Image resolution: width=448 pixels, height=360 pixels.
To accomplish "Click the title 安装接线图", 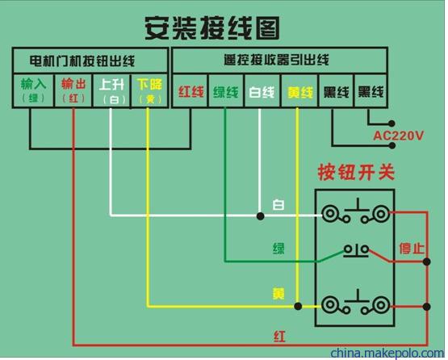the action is pyautogui.click(x=211, y=28).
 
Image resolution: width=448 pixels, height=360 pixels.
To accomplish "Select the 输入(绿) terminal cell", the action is pyautogui.click(x=33, y=91).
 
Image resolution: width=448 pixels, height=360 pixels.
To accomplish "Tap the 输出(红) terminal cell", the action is pyautogui.click(x=73, y=91).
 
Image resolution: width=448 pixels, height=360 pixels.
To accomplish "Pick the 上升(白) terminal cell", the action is pyautogui.click(x=111, y=91).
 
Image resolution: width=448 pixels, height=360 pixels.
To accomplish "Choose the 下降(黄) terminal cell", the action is pyautogui.click(x=149, y=91).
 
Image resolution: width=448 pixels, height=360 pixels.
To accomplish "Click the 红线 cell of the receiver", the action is pyautogui.click(x=191, y=91).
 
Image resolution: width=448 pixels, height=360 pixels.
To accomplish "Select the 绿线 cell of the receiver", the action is pyautogui.click(x=226, y=91).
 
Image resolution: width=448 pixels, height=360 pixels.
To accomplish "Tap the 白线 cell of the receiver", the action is pyautogui.click(x=262, y=91).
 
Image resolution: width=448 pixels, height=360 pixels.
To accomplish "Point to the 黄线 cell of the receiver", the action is pyautogui.click(x=299, y=91).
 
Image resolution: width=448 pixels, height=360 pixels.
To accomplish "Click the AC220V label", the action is pyautogui.click(x=398, y=136).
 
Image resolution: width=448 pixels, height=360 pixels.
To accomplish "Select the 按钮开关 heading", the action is pyautogui.click(x=356, y=172).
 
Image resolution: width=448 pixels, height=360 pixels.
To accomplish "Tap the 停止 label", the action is pyautogui.click(x=412, y=248).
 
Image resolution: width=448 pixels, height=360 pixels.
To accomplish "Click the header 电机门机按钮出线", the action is pyautogui.click(x=82, y=61).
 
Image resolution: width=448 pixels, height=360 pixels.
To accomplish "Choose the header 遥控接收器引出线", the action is pyautogui.click(x=276, y=60).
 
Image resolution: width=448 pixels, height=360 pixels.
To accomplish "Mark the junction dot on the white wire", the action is pyautogui.click(x=260, y=216).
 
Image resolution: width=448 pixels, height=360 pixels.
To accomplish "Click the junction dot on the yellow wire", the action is pyautogui.click(x=298, y=306).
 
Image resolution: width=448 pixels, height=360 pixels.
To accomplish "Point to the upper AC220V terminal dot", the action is pyautogui.click(x=391, y=123).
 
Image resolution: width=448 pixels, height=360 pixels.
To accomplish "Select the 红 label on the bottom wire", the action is pyautogui.click(x=279, y=337).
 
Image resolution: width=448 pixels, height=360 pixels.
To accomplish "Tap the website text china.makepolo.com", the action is pyautogui.click(x=387, y=354).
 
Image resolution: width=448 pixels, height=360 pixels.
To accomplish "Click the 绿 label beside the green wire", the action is pyautogui.click(x=278, y=248).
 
